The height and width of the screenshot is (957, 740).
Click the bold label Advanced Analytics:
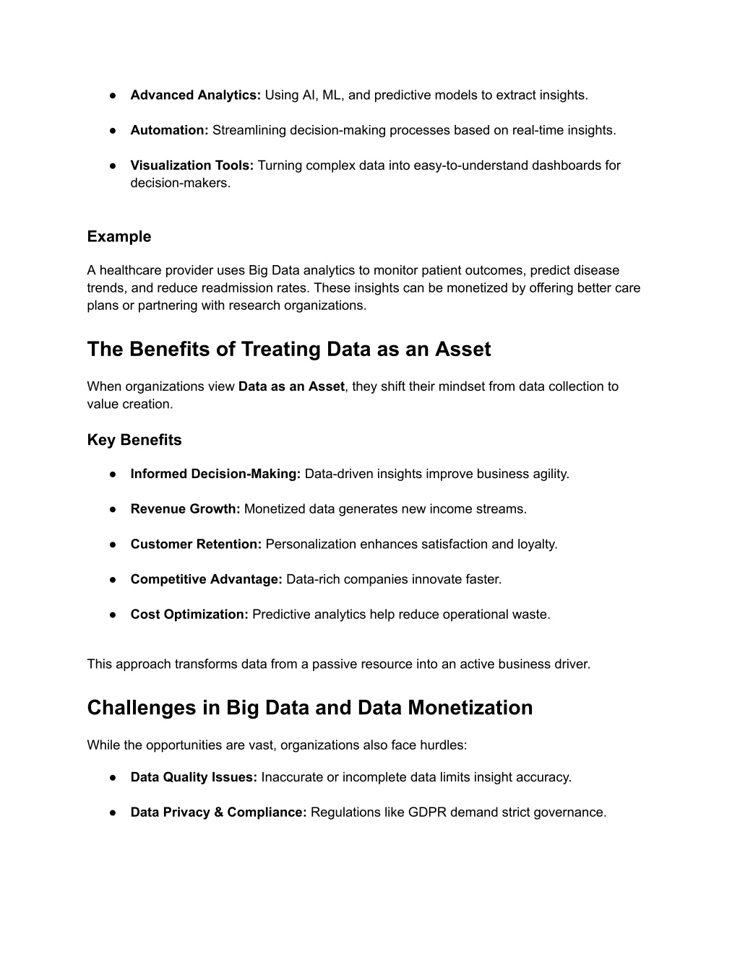coord(195,95)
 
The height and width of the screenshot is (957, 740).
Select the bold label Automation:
coord(169,131)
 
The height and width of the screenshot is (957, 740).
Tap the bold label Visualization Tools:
coord(192,165)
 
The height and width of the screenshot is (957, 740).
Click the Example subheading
coord(119,237)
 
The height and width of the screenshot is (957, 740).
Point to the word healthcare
coord(131,271)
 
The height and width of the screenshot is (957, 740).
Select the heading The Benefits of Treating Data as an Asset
coord(288,350)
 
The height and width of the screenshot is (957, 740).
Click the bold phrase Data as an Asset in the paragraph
coord(291,386)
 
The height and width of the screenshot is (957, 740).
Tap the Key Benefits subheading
coord(134,441)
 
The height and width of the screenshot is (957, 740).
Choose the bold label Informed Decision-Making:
coord(215,475)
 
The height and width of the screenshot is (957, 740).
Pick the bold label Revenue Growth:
coord(185,509)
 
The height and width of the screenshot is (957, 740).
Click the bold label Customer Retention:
coord(196,545)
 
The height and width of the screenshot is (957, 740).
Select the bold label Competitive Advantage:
coord(206,579)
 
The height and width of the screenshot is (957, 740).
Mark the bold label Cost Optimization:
coord(189,615)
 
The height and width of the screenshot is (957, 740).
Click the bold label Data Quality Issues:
coord(194,778)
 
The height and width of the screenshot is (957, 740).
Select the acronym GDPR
coord(427,813)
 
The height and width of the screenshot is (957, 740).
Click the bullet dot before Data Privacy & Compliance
coord(113,813)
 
